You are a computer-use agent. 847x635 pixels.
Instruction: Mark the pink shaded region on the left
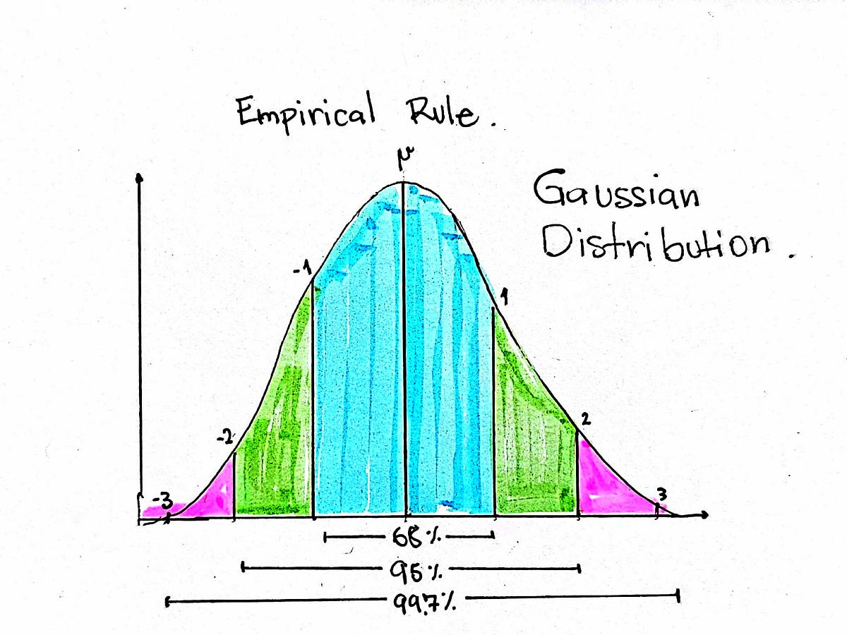click(212, 494)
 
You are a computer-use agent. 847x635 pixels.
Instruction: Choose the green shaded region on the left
click(275, 437)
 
